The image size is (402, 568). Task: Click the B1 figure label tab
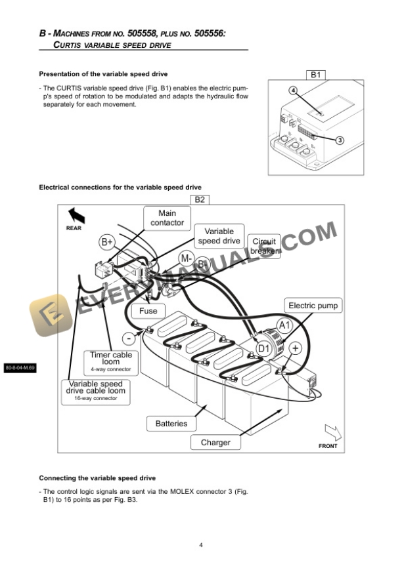click(x=315, y=75)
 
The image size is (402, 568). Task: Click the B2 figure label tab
click(x=200, y=199)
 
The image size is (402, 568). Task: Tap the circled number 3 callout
click(x=340, y=140)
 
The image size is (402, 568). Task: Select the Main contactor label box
click(x=167, y=218)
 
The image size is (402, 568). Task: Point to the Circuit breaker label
click(x=265, y=246)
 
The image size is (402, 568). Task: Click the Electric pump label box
click(x=313, y=306)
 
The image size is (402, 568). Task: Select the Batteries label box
click(x=171, y=424)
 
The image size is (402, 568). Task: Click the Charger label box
click(x=215, y=443)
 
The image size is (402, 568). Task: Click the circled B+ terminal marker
click(x=107, y=241)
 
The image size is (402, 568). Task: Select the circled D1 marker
click(x=263, y=348)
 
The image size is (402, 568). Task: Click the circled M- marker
click(x=186, y=258)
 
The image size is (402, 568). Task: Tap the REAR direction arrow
click(x=76, y=214)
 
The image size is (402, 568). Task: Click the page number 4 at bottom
click(x=201, y=544)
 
